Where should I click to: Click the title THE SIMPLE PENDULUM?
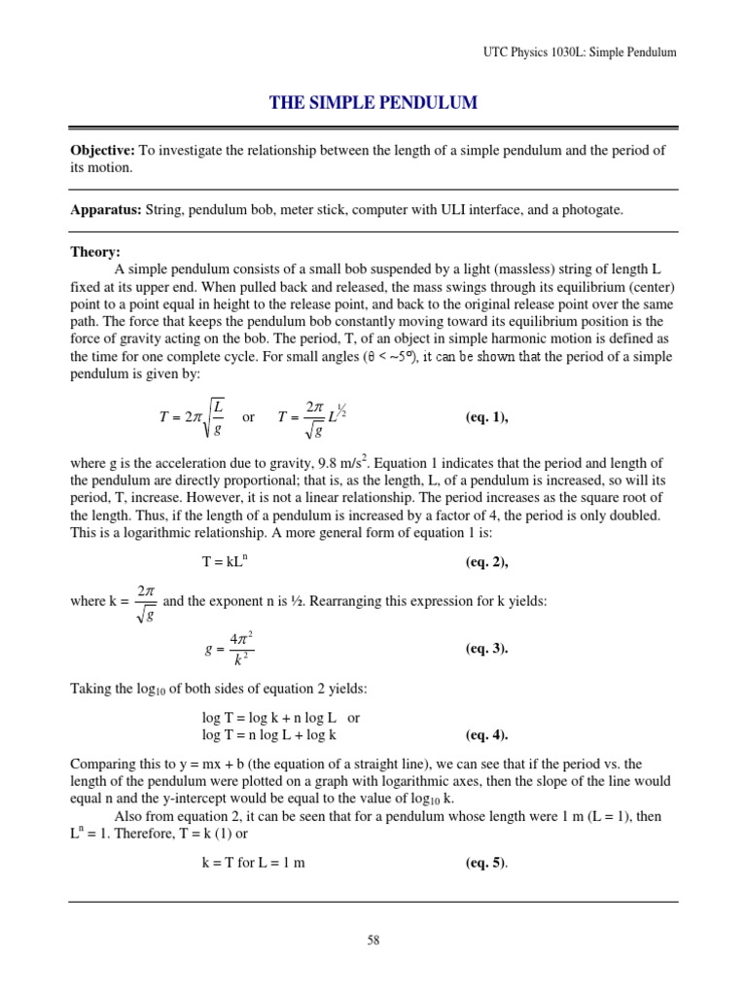(373, 102)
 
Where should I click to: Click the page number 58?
(373, 941)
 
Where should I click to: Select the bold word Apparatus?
(106, 210)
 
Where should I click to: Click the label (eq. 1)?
(487, 417)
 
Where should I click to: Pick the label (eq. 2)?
(487, 562)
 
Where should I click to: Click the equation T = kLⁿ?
(227, 562)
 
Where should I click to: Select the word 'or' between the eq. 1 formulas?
(248, 417)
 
